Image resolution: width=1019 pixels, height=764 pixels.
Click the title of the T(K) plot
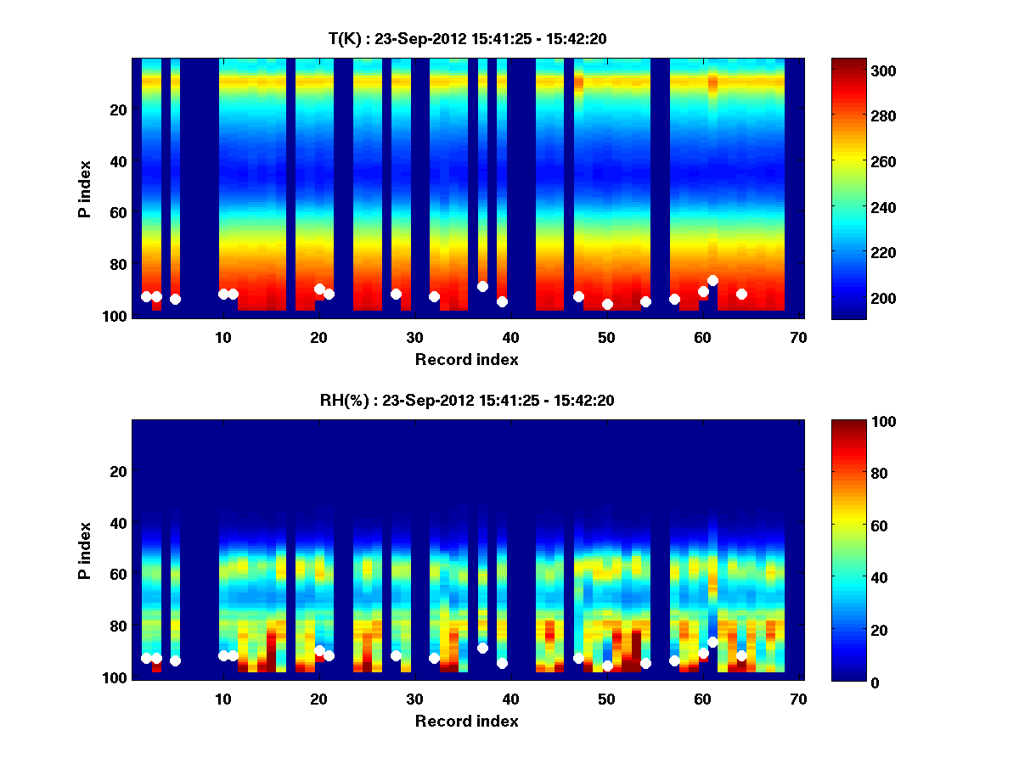point(467,38)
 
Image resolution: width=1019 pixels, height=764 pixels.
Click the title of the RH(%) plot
point(467,401)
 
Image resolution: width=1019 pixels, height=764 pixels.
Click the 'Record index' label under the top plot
point(467,359)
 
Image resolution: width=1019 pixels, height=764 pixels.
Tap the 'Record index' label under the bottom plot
point(467,721)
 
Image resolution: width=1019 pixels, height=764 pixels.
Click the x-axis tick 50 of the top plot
point(606,337)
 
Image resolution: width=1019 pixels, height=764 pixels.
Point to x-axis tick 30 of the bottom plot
point(414,699)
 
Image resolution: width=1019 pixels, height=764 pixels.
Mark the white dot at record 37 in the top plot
point(482,286)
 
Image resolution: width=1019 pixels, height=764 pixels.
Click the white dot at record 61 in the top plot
point(712,280)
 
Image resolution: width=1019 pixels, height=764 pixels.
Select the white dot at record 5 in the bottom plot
point(175,660)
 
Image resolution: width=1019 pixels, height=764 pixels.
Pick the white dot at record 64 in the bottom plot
point(741,655)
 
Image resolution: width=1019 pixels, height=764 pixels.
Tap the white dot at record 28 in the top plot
point(396,294)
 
